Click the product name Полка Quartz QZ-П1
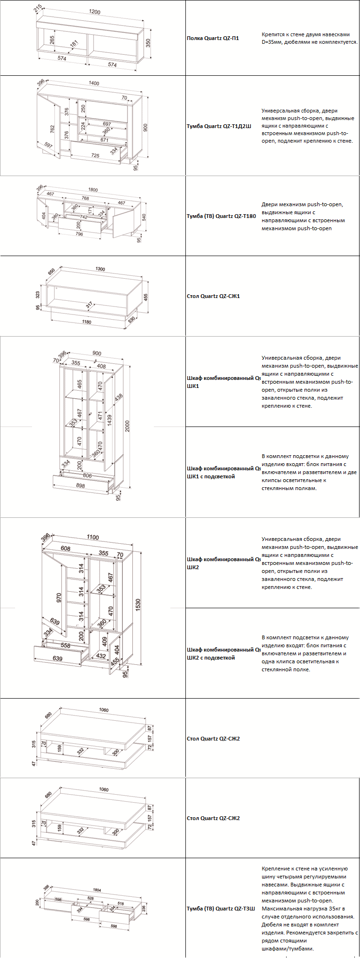(x=213, y=38)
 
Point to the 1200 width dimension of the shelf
(x=95, y=12)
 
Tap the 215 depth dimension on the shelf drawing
(x=38, y=8)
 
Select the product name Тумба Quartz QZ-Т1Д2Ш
(x=219, y=126)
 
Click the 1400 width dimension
(x=94, y=83)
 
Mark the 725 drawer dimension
(x=95, y=155)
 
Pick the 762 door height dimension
(x=52, y=129)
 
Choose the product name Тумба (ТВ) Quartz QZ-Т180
(x=221, y=216)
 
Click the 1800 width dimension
(x=93, y=190)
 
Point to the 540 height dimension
(x=144, y=217)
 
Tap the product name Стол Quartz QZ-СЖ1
(x=213, y=296)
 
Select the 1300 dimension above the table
(x=100, y=269)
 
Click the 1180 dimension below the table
(x=86, y=322)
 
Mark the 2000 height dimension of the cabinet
(x=127, y=426)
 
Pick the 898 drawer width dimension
(x=80, y=485)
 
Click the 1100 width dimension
(x=93, y=537)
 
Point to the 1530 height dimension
(x=138, y=605)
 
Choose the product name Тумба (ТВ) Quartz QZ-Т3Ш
(x=221, y=908)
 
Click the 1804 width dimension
(x=97, y=890)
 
